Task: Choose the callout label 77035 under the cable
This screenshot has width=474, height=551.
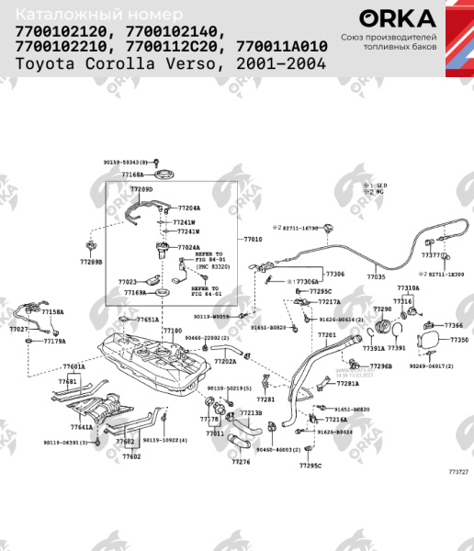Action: (x=377, y=275)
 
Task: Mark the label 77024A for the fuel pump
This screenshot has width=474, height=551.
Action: (x=188, y=247)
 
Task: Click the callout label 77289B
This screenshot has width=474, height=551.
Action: (x=91, y=262)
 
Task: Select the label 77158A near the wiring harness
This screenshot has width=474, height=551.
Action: (x=53, y=312)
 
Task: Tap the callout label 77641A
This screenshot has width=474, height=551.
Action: (x=82, y=426)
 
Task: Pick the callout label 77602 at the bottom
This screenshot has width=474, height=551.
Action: (x=131, y=455)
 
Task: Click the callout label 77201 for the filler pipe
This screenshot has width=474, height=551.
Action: (x=327, y=335)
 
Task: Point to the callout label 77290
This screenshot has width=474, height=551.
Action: (x=382, y=309)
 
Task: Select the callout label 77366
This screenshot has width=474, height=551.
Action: (x=454, y=325)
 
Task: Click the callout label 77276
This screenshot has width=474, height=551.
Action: (x=241, y=462)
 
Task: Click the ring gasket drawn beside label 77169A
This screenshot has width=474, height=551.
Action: (x=163, y=293)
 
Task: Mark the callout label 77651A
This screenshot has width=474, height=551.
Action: (x=148, y=320)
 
